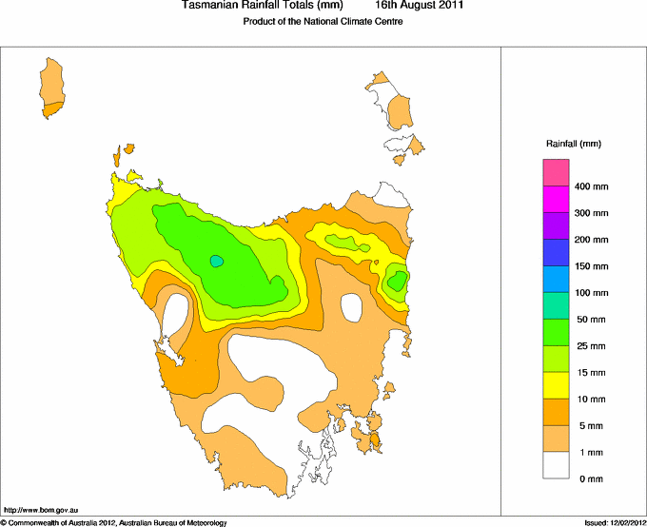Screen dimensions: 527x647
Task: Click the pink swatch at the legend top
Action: [556, 173]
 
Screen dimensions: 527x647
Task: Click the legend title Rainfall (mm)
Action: [573, 144]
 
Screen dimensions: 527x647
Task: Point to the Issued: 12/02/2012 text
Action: [615, 522]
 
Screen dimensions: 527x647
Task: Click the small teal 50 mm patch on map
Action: [217, 260]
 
